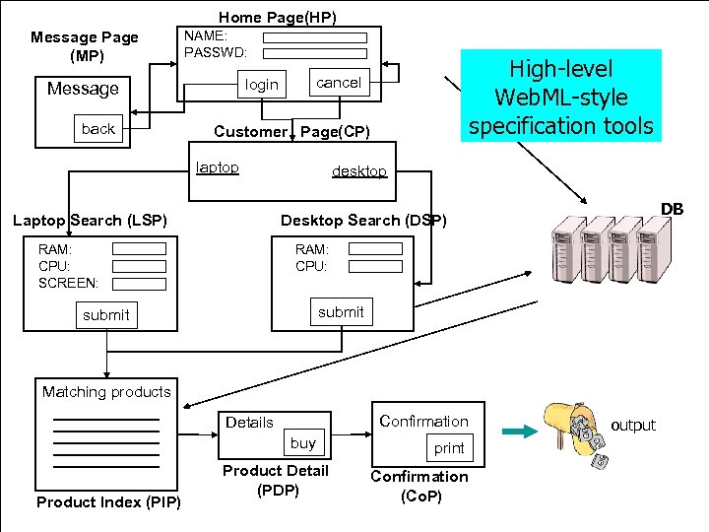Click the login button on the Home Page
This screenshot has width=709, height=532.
pos(261,85)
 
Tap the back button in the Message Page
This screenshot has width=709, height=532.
pos(98,129)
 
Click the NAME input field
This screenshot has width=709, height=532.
pos(314,36)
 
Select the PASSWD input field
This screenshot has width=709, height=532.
pos(314,52)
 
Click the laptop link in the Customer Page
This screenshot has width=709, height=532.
pos(218,167)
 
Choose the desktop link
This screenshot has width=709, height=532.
pos(359,171)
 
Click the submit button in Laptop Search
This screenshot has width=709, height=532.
pos(105,315)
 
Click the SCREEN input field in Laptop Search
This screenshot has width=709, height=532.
pos(139,283)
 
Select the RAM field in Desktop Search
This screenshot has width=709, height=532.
pos(375,249)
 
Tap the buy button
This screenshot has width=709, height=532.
pos(303,443)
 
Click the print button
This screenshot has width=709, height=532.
pos(449,447)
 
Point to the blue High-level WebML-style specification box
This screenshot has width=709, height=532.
pos(560,97)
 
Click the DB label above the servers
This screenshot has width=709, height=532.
pos(672,209)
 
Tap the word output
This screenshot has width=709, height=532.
pos(633,426)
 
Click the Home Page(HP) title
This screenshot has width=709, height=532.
pos(277,17)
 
